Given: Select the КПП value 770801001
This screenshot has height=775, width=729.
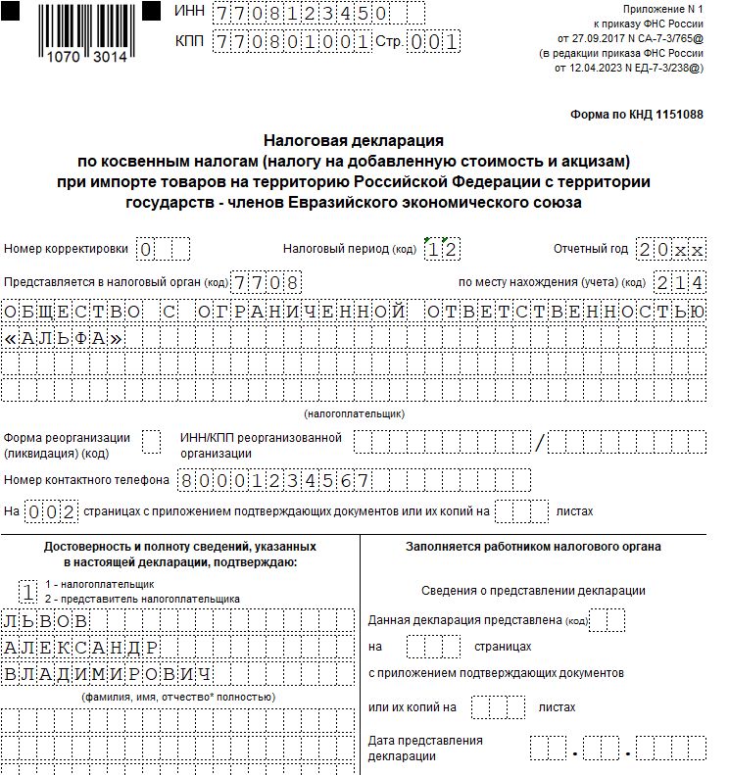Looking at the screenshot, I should tap(292, 42).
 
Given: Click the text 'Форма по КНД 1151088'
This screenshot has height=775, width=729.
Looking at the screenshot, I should tap(637, 115).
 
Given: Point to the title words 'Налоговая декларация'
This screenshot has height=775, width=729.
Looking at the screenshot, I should tap(354, 141).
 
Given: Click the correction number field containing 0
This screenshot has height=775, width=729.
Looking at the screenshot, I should tap(146, 249).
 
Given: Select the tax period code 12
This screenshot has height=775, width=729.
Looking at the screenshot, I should tap(442, 249).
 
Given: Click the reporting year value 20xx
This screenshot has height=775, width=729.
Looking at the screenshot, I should tap(670, 249).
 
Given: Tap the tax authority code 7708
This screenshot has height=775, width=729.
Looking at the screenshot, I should tap(265, 282).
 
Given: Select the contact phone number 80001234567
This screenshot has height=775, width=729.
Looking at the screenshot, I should tap(273, 480).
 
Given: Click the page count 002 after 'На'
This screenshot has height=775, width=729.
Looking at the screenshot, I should tap(50, 510).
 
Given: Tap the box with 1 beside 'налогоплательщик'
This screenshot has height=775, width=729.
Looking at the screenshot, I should tap(28, 590).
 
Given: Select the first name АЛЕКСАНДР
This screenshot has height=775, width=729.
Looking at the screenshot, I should tap(82, 648).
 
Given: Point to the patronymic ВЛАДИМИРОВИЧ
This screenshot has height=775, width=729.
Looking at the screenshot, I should tap(109, 674).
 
